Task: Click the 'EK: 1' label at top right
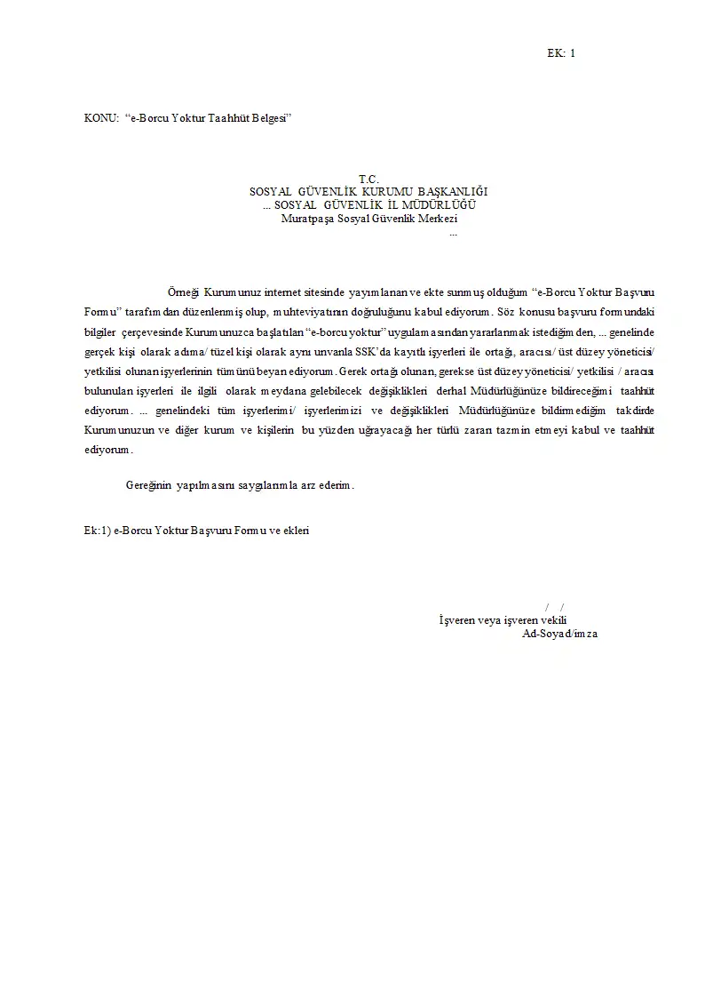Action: [561, 53]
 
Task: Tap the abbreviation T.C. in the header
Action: [368, 180]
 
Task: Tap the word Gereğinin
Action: [148, 486]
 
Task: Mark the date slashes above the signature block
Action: [555, 606]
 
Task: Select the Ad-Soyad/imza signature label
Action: [559, 635]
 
